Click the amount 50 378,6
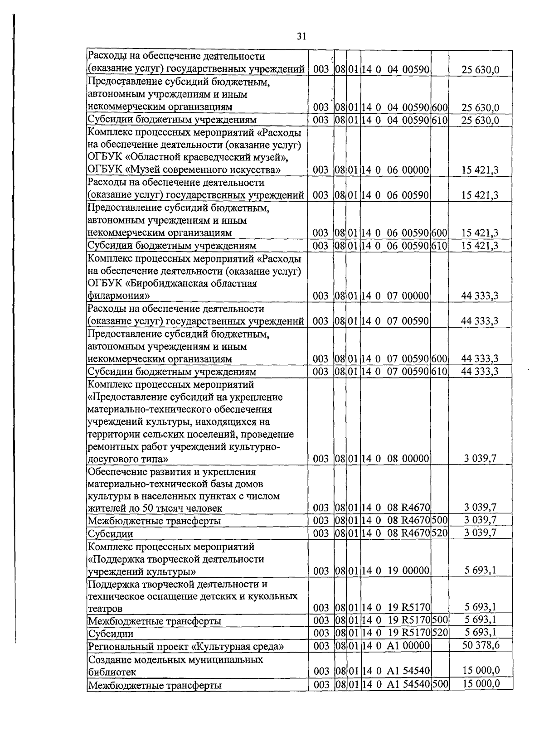[481, 645]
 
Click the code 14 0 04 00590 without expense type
[395, 70]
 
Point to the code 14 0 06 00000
[395, 170]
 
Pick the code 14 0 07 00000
[395, 296]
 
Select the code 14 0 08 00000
[395, 459]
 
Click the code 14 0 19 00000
[395, 571]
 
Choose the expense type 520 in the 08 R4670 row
[439, 533]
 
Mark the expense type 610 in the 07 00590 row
[439, 372]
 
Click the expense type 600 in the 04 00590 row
[439, 107]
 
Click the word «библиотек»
[112, 672]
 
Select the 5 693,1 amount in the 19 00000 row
[480, 570]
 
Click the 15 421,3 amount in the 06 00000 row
[480, 170]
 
